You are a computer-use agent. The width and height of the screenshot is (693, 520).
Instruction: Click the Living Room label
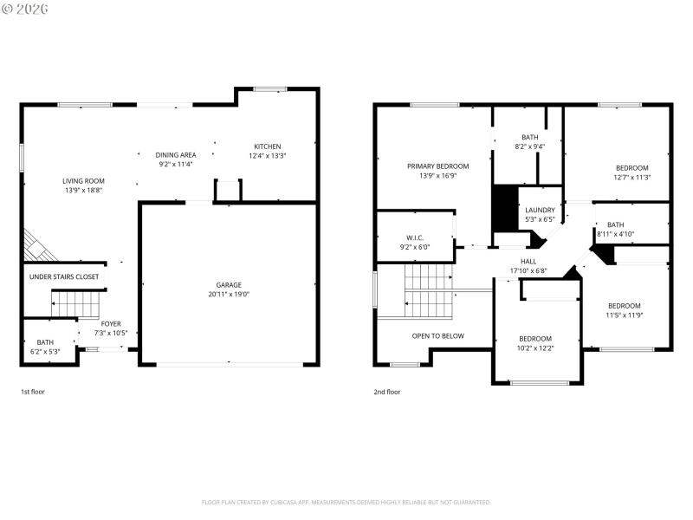click(x=83, y=181)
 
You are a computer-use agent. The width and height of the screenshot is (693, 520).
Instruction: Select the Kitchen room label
click(x=267, y=146)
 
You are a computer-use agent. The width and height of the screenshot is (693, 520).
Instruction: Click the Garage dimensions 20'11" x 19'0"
click(x=229, y=294)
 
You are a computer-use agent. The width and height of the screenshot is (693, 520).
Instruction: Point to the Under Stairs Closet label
click(x=64, y=277)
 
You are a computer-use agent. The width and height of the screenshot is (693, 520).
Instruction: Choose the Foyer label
click(x=111, y=324)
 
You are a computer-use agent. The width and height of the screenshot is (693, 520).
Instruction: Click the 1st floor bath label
click(x=46, y=342)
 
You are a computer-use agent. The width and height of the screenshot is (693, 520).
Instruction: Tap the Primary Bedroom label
click(x=437, y=166)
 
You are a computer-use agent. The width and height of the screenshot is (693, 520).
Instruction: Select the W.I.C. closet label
click(x=414, y=237)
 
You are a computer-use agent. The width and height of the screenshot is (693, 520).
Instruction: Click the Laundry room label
click(x=541, y=211)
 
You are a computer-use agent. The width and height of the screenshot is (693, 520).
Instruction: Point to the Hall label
click(x=528, y=261)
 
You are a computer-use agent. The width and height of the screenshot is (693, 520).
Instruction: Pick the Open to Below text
click(x=437, y=336)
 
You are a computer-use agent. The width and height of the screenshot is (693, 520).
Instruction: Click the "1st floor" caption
click(x=33, y=392)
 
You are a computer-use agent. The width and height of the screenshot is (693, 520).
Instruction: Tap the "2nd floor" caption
click(x=386, y=392)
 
